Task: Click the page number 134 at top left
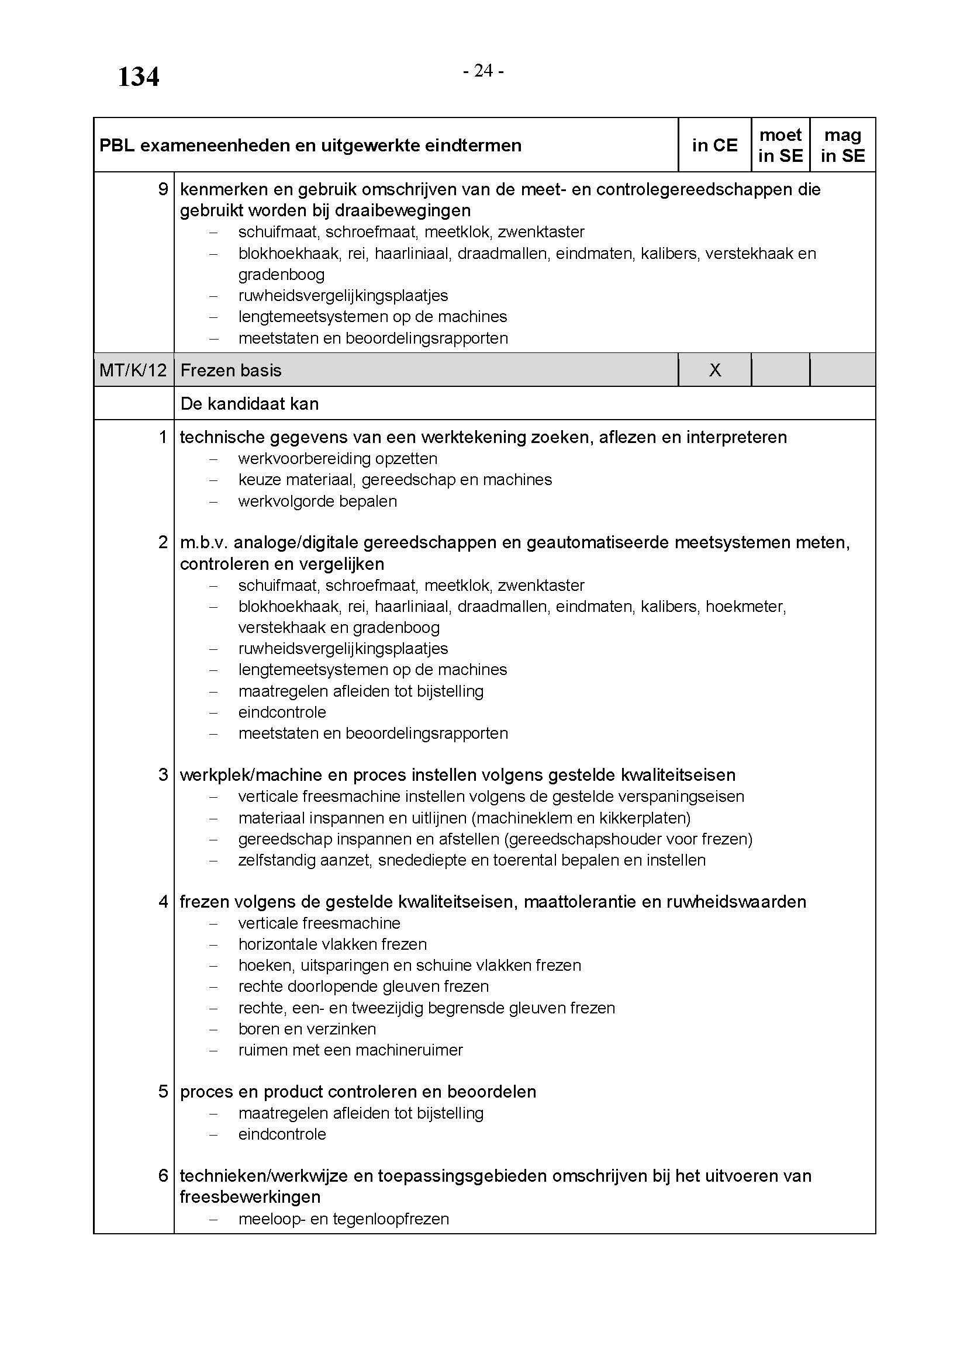tap(138, 77)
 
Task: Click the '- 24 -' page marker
tap(483, 71)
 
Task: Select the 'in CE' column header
tap(714, 146)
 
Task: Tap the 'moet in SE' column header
tap(780, 146)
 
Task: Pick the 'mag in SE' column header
tap(842, 146)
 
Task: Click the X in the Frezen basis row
tap(715, 371)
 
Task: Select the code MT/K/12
tap(133, 371)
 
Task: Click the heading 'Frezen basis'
tap(231, 371)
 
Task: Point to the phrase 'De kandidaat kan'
tap(250, 404)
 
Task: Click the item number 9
tap(163, 189)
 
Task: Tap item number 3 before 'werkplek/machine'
tap(163, 774)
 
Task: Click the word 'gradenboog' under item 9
tap(282, 275)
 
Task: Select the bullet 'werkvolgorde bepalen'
tap(317, 501)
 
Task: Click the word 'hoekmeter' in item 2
tap(745, 607)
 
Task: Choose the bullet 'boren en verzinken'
tap(308, 1029)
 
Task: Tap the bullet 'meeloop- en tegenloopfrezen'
tap(344, 1219)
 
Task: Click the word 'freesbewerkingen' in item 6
tap(250, 1197)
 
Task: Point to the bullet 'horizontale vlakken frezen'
tap(333, 944)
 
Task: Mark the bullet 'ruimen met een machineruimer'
tap(351, 1050)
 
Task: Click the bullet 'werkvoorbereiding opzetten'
tap(337, 458)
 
